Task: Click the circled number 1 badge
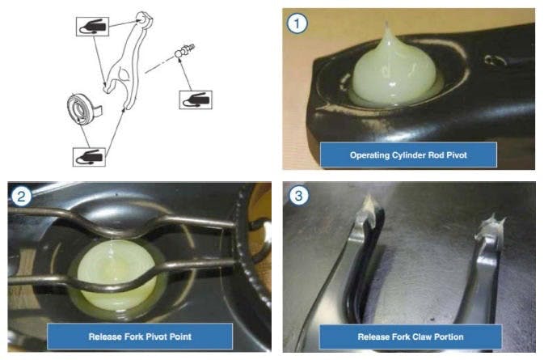pos(297,23)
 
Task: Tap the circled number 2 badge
pos(21,197)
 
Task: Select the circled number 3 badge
pos(298,196)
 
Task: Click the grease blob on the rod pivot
pos(394,70)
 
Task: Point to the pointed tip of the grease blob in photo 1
pos(387,23)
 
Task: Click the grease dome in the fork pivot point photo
pos(116,274)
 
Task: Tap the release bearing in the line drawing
pos(81,108)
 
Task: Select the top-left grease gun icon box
pos(92,27)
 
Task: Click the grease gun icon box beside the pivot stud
pos(196,100)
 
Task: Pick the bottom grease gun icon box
pos(89,157)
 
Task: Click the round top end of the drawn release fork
pos(143,19)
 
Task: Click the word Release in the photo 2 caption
pos(103,337)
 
